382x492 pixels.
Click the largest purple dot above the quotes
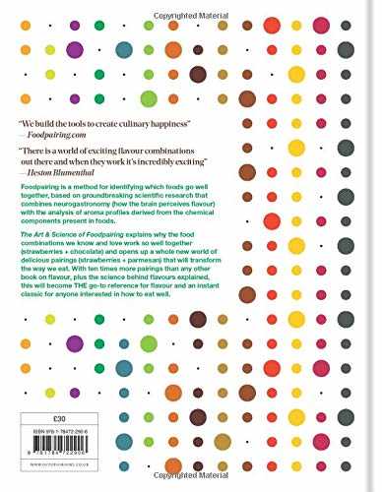[74, 49]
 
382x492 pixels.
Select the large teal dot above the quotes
[124, 49]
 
